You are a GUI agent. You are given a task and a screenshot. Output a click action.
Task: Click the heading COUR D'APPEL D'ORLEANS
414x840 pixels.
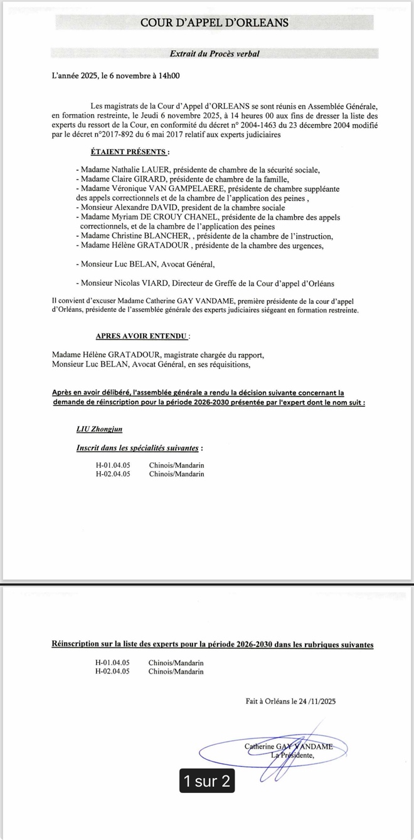(x=214, y=23)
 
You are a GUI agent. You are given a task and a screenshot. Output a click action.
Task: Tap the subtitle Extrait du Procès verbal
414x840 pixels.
(x=215, y=54)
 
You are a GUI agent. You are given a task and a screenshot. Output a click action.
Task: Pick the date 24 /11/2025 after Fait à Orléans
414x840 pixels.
(x=312, y=702)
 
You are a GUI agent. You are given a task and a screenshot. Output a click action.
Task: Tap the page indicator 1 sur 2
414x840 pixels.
(x=207, y=780)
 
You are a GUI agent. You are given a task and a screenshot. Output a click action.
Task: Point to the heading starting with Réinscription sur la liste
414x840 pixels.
(x=213, y=645)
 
